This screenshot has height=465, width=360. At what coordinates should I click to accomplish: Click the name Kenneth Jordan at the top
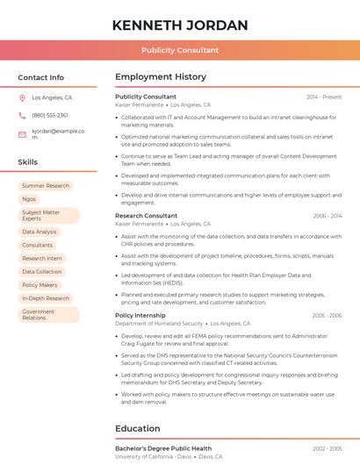tap(180, 25)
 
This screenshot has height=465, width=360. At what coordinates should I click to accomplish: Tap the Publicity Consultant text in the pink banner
tap(180, 50)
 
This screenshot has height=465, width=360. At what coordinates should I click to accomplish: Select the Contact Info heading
tap(41, 77)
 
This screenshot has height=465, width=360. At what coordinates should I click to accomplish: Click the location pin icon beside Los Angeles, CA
tap(22, 98)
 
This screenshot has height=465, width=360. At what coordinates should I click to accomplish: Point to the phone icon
tap(22, 115)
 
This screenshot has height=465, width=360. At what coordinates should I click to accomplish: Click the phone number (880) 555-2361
tap(50, 115)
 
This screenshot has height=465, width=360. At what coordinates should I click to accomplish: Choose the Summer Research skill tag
tap(46, 186)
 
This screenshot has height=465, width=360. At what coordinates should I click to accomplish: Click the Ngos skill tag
tap(29, 199)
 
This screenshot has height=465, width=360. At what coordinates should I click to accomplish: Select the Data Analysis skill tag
tap(40, 232)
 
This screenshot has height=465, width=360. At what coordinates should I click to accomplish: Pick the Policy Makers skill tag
tap(40, 285)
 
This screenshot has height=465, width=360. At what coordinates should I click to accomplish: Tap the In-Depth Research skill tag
tap(46, 298)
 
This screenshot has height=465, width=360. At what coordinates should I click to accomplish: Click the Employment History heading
tap(161, 77)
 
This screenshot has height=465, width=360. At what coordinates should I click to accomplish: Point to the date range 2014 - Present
tap(324, 97)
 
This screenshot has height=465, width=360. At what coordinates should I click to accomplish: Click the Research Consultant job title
tap(146, 216)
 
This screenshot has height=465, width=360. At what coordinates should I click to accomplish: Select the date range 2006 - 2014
tap(327, 216)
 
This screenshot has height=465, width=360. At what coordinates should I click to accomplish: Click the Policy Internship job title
tap(140, 315)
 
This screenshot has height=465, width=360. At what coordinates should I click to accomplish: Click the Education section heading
tap(138, 429)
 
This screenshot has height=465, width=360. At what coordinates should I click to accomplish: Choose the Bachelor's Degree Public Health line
tap(163, 448)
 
